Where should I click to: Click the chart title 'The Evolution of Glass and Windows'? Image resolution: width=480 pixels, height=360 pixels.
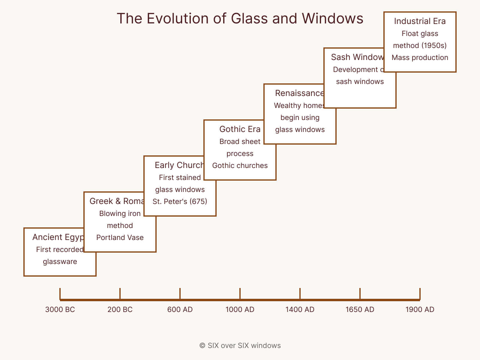click(240, 19)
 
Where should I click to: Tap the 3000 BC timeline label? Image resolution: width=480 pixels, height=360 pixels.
click(60, 310)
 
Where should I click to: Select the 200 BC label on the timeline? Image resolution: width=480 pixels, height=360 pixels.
click(120, 310)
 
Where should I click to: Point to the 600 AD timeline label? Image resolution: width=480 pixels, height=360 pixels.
click(180, 310)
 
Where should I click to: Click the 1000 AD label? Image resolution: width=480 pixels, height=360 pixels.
click(240, 310)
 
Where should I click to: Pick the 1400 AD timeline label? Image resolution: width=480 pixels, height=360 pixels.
click(300, 310)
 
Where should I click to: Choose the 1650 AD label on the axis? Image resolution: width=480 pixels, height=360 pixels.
click(360, 310)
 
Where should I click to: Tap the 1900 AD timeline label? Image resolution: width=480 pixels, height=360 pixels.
click(420, 310)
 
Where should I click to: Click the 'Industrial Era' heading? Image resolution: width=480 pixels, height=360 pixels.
click(420, 21)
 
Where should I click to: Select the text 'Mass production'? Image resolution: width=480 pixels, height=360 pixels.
click(420, 58)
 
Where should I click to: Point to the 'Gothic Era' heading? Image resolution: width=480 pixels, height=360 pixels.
click(240, 129)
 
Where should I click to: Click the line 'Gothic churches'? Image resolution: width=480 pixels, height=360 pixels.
click(240, 166)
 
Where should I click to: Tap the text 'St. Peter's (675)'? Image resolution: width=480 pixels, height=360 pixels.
click(180, 202)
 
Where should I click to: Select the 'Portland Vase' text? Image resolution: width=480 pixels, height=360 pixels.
click(120, 238)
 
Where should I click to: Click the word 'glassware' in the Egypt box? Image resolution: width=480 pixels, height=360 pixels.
click(60, 262)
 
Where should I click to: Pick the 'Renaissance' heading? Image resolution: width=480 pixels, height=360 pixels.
click(299, 93)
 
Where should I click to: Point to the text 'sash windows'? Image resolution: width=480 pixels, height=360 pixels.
click(360, 82)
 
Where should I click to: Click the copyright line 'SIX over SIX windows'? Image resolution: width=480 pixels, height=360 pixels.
click(240, 346)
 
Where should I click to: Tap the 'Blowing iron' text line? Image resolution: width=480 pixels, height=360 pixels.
click(120, 214)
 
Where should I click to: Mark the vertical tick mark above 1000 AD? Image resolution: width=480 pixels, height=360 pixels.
click(240, 293)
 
